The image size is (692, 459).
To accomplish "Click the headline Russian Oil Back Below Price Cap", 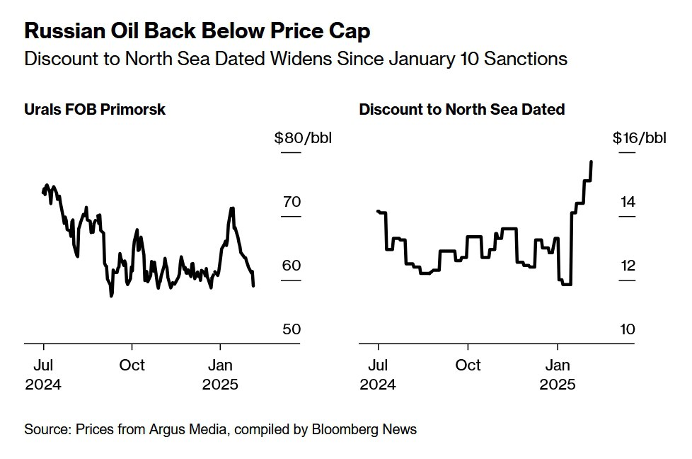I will click(197, 31).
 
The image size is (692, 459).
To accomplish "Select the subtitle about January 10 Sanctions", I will click(295, 59).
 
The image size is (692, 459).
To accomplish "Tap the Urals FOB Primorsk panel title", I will click(95, 110).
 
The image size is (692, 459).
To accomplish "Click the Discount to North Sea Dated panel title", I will click(461, 110).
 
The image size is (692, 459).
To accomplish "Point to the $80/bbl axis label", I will click(302, 137).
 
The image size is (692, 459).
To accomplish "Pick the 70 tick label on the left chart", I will click(292, 202).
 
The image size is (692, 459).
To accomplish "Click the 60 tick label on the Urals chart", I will click(292, 266).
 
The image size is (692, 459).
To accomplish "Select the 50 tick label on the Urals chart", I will click(292, 329).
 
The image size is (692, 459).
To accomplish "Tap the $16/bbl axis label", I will click(639, 137).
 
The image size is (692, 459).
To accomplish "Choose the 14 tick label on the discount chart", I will click(628, 202).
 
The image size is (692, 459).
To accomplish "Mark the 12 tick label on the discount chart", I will click(628, 266).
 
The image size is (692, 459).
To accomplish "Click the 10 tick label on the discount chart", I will click(628, 329).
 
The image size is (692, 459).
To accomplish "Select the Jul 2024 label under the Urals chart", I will click(43, 375).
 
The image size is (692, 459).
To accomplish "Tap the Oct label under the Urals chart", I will click(132, 365).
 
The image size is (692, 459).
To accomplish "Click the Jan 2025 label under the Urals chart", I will click(221, 375).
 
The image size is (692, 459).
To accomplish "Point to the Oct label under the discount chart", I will click(468, 365).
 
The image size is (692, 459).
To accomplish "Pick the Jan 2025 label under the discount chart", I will click(558, 375).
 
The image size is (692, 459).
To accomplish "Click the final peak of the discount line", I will click(591, 162).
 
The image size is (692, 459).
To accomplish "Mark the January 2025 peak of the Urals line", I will click(232, 208).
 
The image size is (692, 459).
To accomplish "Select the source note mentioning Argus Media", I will click(220, 429).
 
